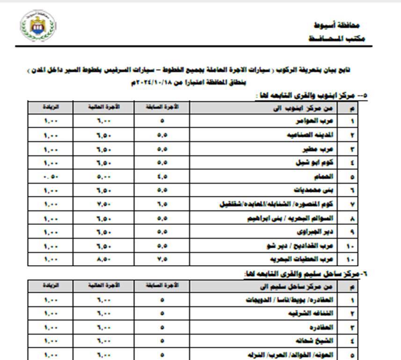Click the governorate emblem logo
(x=38, y=25)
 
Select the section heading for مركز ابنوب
(x=311, y=96)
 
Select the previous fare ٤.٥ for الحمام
(x=162, y=177)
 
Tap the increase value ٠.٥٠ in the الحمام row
(x=51, y=177)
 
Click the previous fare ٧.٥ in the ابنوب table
(x=162, y=259)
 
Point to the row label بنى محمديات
(x=313, y=191)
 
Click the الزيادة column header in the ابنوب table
(x=51, y=108)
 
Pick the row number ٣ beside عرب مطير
(x=352, y=150)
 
